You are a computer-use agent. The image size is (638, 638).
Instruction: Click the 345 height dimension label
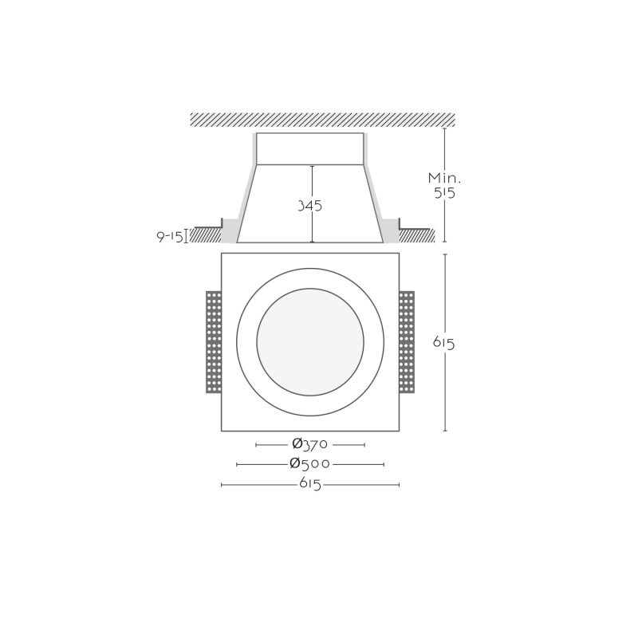309,206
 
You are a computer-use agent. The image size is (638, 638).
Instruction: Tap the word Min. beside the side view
444,178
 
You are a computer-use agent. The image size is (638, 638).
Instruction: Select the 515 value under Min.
444,193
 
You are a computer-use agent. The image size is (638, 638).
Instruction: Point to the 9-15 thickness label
170,237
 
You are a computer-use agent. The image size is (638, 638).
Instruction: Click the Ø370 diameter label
310,444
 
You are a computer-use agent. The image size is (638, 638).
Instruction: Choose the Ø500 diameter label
310,463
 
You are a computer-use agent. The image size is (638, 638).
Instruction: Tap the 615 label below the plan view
310,484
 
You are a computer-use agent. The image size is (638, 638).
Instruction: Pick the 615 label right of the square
444,343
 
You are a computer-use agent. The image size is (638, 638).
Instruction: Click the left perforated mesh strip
214,342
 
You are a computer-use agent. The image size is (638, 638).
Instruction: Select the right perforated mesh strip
407,342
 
